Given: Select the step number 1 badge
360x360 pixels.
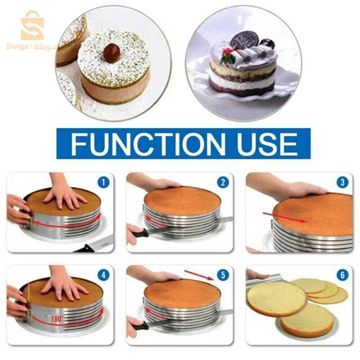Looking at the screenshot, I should coord(103,182).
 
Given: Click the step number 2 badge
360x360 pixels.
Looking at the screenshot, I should coord(223,182).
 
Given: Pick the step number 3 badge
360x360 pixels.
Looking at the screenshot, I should coord(342,182).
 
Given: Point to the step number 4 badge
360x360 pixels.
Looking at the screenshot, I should coord(103,276).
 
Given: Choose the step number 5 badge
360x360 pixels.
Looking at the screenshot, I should coord(223,276).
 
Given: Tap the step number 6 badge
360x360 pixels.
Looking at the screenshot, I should coord(342,276).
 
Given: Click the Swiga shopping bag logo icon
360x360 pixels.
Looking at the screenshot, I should coord(32,26).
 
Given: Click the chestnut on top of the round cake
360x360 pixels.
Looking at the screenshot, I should coord(111,53).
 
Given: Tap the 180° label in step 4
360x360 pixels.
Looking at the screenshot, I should coord(56,318).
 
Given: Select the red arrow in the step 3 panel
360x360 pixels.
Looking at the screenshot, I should coord(284,218).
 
